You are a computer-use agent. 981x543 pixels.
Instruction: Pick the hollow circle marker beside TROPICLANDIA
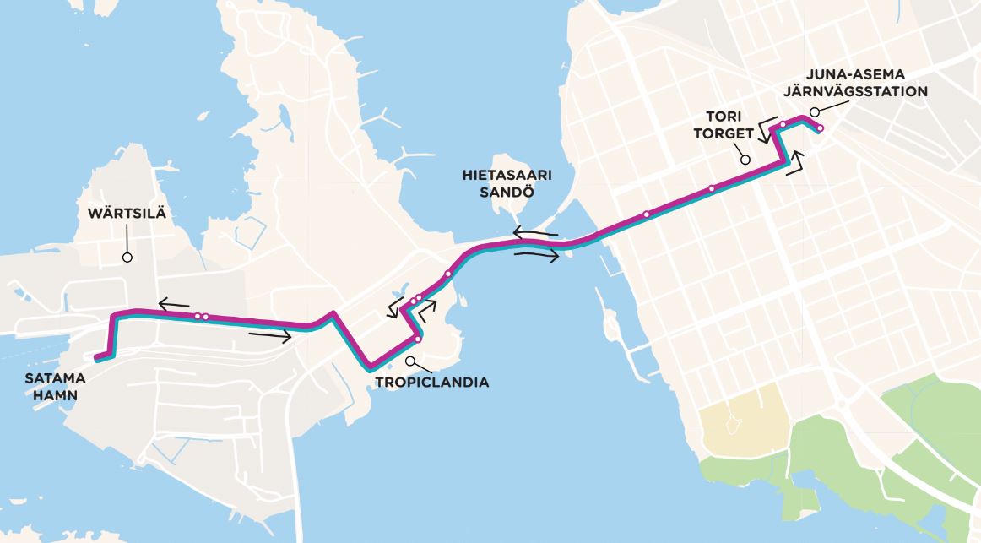[x=410, y=361]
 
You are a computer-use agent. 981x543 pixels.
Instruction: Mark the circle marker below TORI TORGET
[x=745, y=159]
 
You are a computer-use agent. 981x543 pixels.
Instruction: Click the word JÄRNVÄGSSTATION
[x=855, y=91]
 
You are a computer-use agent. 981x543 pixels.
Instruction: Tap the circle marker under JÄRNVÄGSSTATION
[x=814, y=111]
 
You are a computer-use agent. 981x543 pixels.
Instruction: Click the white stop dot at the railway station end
[x=820, y=128]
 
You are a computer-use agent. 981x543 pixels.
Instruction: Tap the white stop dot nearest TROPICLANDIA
[x=417, y=339]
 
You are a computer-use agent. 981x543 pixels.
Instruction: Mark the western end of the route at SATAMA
[x=99, y=357]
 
